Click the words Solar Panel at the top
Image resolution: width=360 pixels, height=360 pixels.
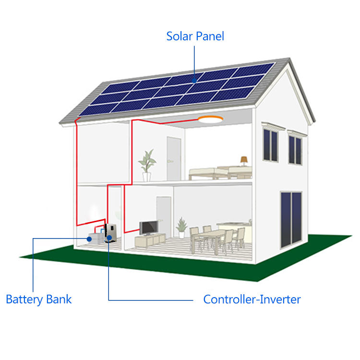pos(195,36)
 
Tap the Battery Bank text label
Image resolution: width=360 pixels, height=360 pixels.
pos(38,300)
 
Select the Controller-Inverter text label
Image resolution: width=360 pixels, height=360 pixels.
pos(252,300)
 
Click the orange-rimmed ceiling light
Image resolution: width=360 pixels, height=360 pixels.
pos(212,120)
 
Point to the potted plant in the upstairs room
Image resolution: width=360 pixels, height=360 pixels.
pos(147,164)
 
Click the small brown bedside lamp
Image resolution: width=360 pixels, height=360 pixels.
pos(244,160)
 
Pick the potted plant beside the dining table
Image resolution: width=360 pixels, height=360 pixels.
pos(181,227)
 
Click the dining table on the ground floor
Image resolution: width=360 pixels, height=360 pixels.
pos(214,235)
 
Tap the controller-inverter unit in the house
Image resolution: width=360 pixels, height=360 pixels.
pos(110,232)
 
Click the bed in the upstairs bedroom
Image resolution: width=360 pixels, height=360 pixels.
pos(221,173)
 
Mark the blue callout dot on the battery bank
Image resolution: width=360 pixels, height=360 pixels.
pos(89,238)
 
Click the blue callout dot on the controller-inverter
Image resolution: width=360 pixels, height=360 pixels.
pos(109,238)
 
